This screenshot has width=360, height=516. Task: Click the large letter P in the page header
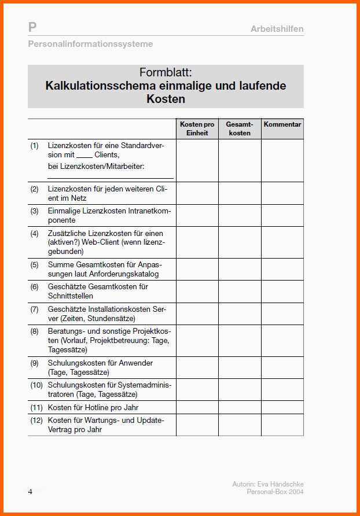(x=32, y=27)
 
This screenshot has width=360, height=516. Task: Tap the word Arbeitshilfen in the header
(x=277, y=29)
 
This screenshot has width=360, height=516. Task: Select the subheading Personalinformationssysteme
(x=90, y=44)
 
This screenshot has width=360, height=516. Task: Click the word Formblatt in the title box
(x=166, y=72)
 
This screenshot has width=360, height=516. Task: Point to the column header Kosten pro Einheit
(x=197, y=128)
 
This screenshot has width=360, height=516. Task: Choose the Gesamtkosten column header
(x=240, y=128)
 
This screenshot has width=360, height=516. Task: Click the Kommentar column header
(x=282, y=124)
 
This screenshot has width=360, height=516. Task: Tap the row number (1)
(x=35, y=146)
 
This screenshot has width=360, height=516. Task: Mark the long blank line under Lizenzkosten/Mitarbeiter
(x=110, y=178)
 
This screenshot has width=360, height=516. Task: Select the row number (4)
(x=35, y=233)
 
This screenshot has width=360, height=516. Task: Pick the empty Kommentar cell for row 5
(x=282, y=269)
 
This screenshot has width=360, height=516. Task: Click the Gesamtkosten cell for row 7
(x=240, y=314)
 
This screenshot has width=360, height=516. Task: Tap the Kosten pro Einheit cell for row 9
(x=197, y=367)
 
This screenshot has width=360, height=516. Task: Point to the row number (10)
(x=36, y=385)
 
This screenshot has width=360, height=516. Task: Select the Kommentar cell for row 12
(x=282, y=425)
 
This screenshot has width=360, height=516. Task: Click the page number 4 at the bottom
(x=30, y=492)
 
